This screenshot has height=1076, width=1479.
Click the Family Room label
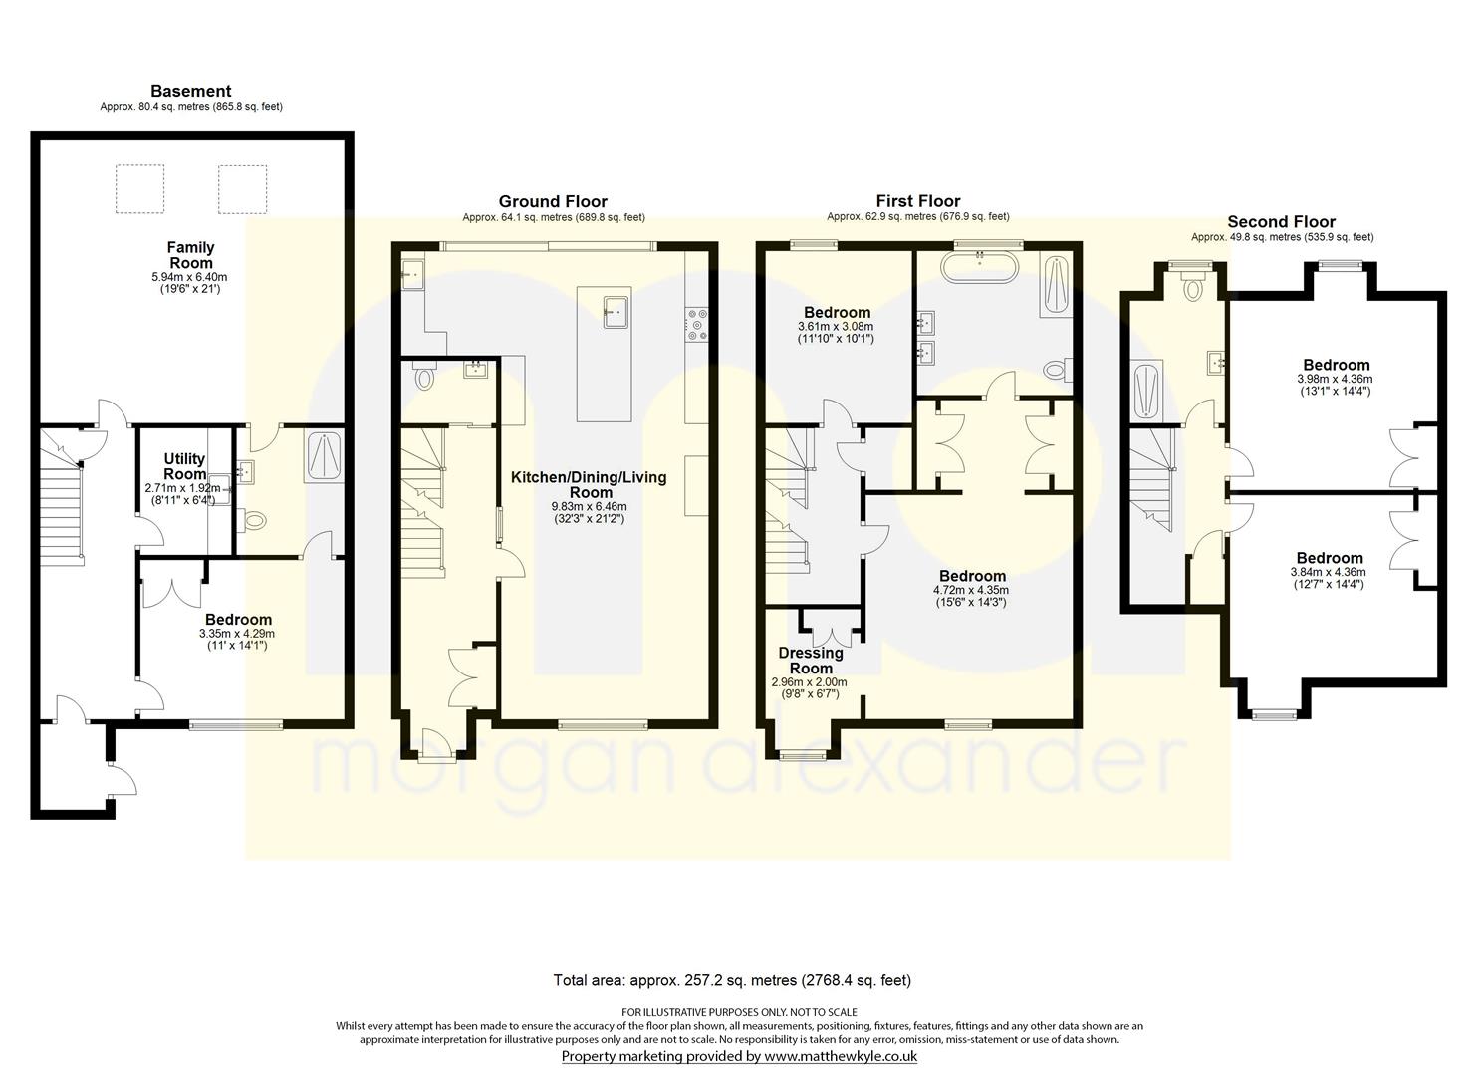(x=190, y=255)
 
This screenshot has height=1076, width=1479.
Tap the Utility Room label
(x=184, y=466)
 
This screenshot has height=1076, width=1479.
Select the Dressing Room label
(x=810, y=660)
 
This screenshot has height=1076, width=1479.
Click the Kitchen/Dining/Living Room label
(x=589, y=485)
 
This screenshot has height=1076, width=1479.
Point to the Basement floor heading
(x=191, y=91)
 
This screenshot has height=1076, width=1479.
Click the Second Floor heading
(x=1281, y=221)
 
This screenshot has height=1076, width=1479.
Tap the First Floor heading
(x=917, y=201)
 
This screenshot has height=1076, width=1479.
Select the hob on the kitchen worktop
(x=696, y=325)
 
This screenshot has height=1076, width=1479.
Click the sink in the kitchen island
(x=615, y=311)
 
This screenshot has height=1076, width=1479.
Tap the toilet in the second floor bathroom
(x=1192, y=287)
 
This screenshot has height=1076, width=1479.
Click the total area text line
(x=732, y=981)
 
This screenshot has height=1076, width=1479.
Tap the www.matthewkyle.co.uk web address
(x=841, y=1056)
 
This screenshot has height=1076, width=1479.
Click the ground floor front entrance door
(x=436, y=746)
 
